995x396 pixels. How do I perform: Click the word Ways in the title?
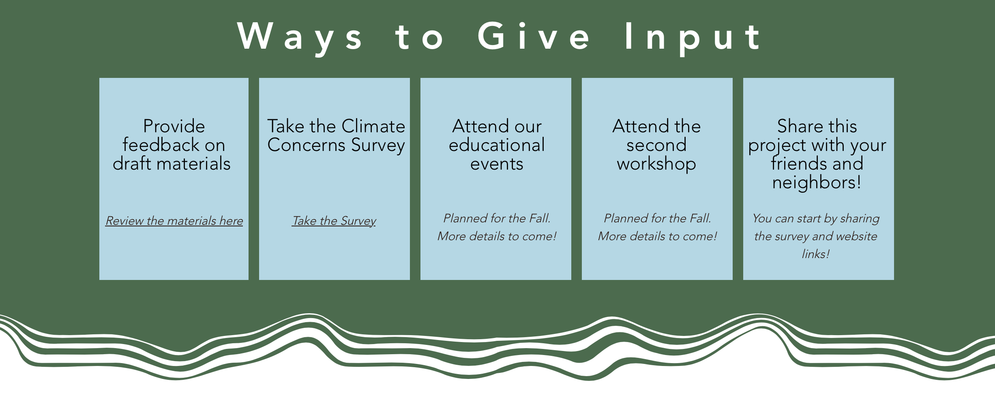pyautogui.click(x=300, y=37)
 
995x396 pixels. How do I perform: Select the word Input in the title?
pyautogui.click(x=693, y=37)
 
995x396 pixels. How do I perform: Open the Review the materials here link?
pyautogui.click(x=174, y=221)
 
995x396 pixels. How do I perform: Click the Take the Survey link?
pyautogui.click(x=334, y=221)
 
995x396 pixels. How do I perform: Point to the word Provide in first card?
pyautogui.click(x=174, y=126)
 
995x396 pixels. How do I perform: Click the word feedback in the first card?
pyautogui.click(x=157, y=145)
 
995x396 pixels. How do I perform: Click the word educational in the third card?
pyautogui.click(x=497, y=145)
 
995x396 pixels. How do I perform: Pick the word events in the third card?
pyautogui.click(x=497, y=164)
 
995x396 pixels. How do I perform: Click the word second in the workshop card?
pyautogui.click(x=656, y=145)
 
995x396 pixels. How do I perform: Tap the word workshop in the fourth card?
pyautogui.click(x=656, y=164)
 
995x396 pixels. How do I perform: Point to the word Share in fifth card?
pyautogui.click(x=800, y=126)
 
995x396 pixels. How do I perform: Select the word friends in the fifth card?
pyautogui.click(x=796, y=164)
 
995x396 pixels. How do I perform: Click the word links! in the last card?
pyautogui.click(x=816, y=254)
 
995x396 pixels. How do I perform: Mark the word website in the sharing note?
pyautogui.click(x=856, y=236)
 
